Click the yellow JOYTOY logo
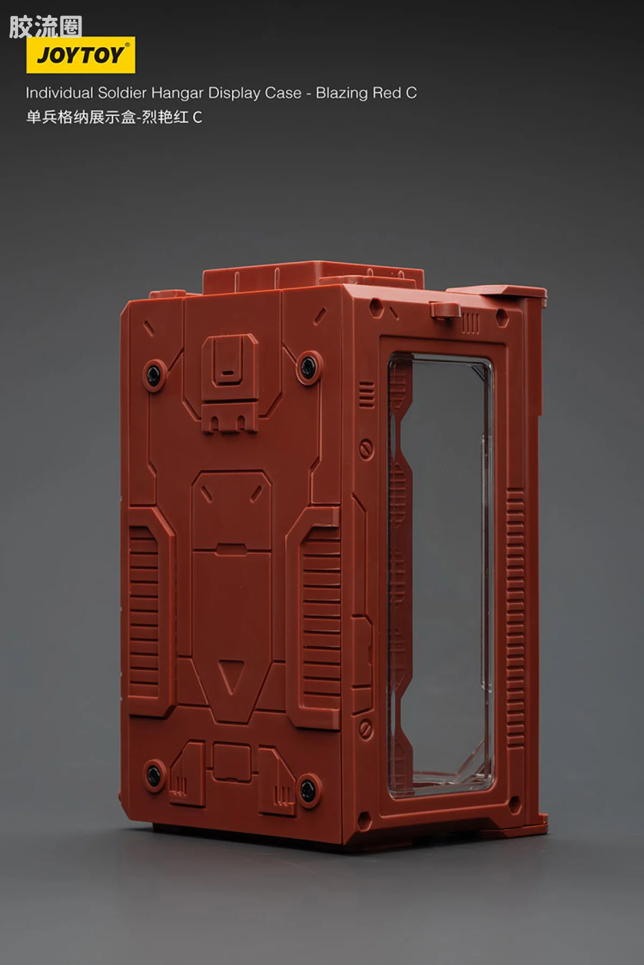pyautogui.click(x=80, y=55)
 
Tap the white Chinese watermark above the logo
pyautogui.click(x=46, y=27)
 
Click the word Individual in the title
pyautogui.click(x=60, y=93)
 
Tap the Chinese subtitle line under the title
pyautogui.click(x=114, y=117)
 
